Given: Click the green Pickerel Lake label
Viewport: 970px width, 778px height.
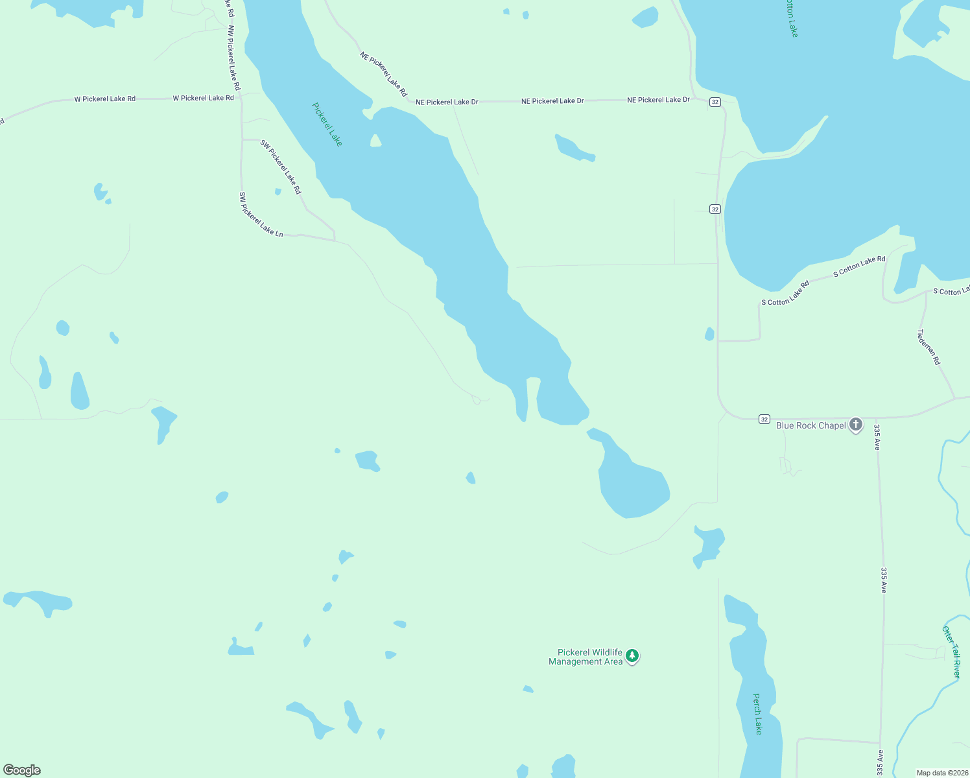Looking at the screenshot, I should point(327,124).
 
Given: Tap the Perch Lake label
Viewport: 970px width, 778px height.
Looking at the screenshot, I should point(757,714).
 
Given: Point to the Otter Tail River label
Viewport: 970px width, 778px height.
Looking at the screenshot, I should point(952,652).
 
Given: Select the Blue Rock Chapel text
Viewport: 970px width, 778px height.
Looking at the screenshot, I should point(810,425).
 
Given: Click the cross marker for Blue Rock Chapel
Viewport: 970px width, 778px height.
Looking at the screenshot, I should point(856,425).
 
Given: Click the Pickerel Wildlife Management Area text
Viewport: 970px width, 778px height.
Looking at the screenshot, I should point(586,657).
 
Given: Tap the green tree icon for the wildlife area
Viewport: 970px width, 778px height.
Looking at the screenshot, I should point(632,656).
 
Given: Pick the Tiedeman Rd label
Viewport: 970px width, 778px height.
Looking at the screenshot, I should point(928,347).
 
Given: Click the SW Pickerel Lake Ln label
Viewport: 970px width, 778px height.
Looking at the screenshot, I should point(261,215).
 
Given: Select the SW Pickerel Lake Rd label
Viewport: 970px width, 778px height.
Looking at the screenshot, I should point(281,167).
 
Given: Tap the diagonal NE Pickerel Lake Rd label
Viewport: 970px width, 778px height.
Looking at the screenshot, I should point(383,75).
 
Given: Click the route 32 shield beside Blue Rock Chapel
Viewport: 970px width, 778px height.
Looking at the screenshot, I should point(764,419).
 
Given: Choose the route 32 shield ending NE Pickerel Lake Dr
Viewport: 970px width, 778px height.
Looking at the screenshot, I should point(715,102).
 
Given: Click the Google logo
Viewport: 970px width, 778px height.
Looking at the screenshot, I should point(22,770).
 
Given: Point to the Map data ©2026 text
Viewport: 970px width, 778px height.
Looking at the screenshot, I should point(941,773).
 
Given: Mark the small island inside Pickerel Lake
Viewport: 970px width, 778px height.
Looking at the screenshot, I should point(375,141).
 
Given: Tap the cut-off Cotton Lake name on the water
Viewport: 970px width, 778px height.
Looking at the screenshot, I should point(792,18).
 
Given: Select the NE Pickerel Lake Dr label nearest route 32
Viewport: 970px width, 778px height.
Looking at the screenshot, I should point(658,100).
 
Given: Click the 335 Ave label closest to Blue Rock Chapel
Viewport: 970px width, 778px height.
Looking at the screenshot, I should point(877,437).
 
